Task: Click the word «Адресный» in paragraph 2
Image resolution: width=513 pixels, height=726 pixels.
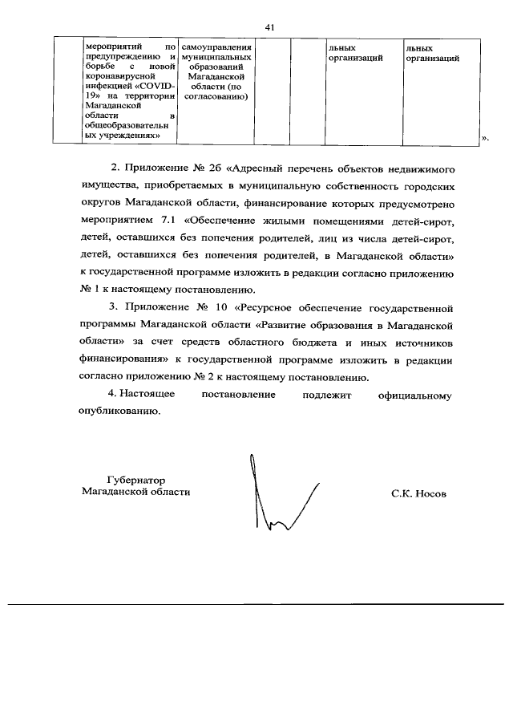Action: point(265,171)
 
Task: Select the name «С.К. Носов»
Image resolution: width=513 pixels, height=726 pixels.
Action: point(418,493)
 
